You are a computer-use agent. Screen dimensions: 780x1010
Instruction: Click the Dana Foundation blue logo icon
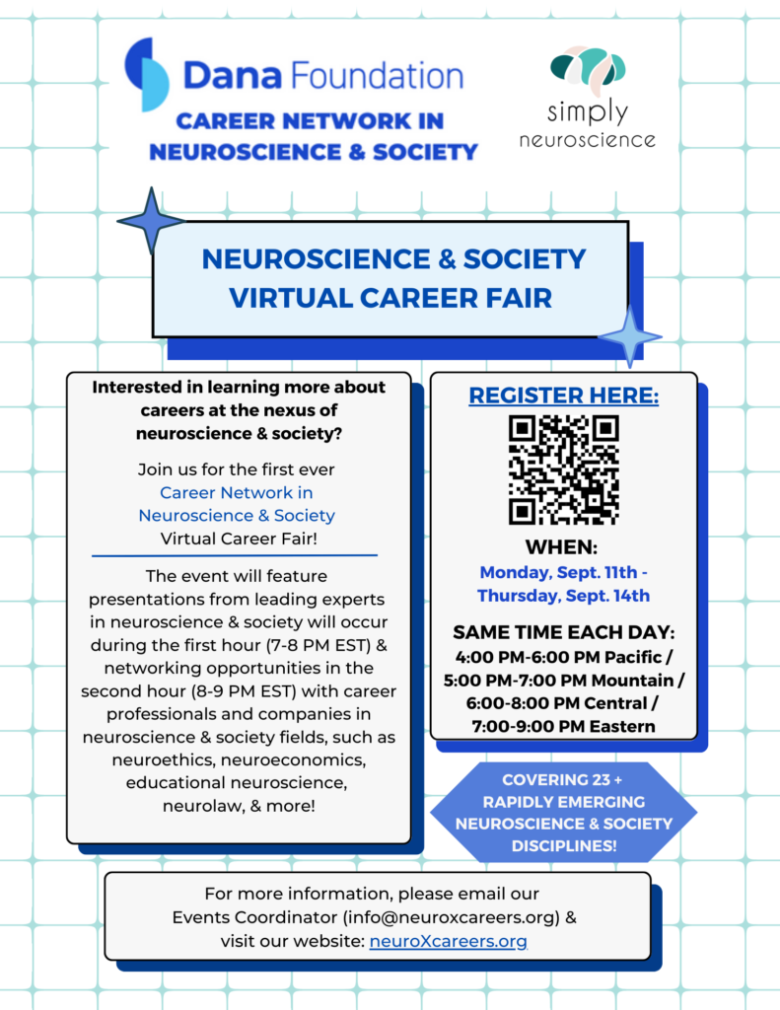click(147, 74)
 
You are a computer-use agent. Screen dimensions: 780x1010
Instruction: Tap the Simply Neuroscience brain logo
click(588, 70)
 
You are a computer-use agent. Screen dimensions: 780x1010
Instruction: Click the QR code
click(564, 469)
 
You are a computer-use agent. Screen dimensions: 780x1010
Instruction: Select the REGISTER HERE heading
click(564, 395)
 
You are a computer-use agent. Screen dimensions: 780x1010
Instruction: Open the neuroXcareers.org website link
click(449, 941)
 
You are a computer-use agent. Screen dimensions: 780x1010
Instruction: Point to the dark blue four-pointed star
click(151, 221)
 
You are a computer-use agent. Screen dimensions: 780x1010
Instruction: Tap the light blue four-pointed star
click(630, 336)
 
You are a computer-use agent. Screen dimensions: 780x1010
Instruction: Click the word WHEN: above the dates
click(562, 546)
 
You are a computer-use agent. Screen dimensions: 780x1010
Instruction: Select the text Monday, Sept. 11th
click(558, 572)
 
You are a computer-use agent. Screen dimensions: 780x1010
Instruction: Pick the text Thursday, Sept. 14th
click(564, 595)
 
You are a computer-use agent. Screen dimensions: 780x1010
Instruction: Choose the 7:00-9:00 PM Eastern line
click(564, 726)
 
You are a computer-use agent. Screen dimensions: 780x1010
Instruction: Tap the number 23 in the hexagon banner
click(601, 780)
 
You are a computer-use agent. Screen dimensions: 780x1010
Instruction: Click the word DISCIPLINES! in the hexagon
click(564, 845)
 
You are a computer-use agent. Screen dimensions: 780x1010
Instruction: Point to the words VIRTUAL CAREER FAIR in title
click(390, 298)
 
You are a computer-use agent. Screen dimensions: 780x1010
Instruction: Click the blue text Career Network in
click(237, 493)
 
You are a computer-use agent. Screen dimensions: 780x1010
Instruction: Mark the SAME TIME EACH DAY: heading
click(564, 632)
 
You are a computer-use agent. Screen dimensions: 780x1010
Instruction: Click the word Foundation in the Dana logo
click(377, 75)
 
